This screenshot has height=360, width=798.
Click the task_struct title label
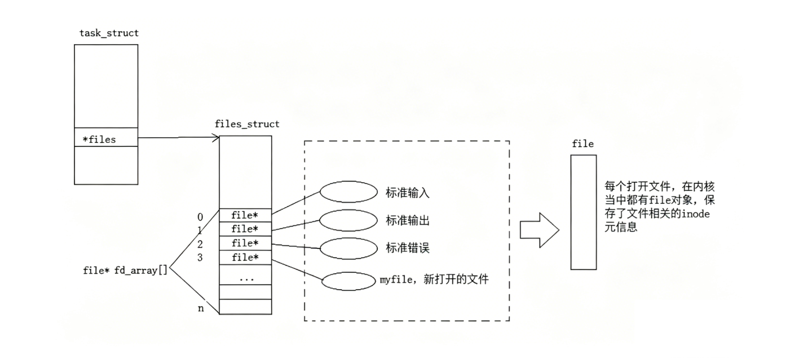[109, 33]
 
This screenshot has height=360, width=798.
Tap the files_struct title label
[247, 124]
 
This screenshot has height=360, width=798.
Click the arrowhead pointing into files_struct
[216, 138]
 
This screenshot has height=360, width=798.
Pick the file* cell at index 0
[245, 215]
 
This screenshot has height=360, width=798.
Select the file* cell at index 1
[245, 229]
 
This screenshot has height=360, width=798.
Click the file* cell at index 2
[245, 243]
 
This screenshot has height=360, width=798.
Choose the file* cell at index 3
[245, 258]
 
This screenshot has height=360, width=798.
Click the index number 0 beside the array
[200, 217]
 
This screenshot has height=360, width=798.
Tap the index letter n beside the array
[201, 309]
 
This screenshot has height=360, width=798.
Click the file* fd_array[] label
[125, 271]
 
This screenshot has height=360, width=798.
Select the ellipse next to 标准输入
[349, 192]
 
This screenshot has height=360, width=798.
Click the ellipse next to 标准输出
[349, 220]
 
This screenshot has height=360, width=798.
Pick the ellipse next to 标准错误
[349, 248]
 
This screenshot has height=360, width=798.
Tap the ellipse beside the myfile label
[349, 281]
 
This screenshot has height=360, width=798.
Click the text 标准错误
[407, 248]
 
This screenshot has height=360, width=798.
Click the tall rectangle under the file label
[583, 212]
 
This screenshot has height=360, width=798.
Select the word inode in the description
[695, 214]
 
